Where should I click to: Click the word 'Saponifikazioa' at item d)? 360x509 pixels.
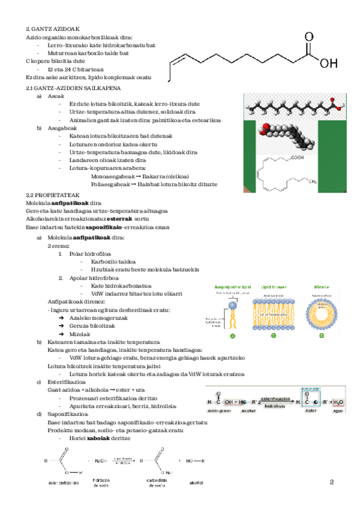coord(67,414)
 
